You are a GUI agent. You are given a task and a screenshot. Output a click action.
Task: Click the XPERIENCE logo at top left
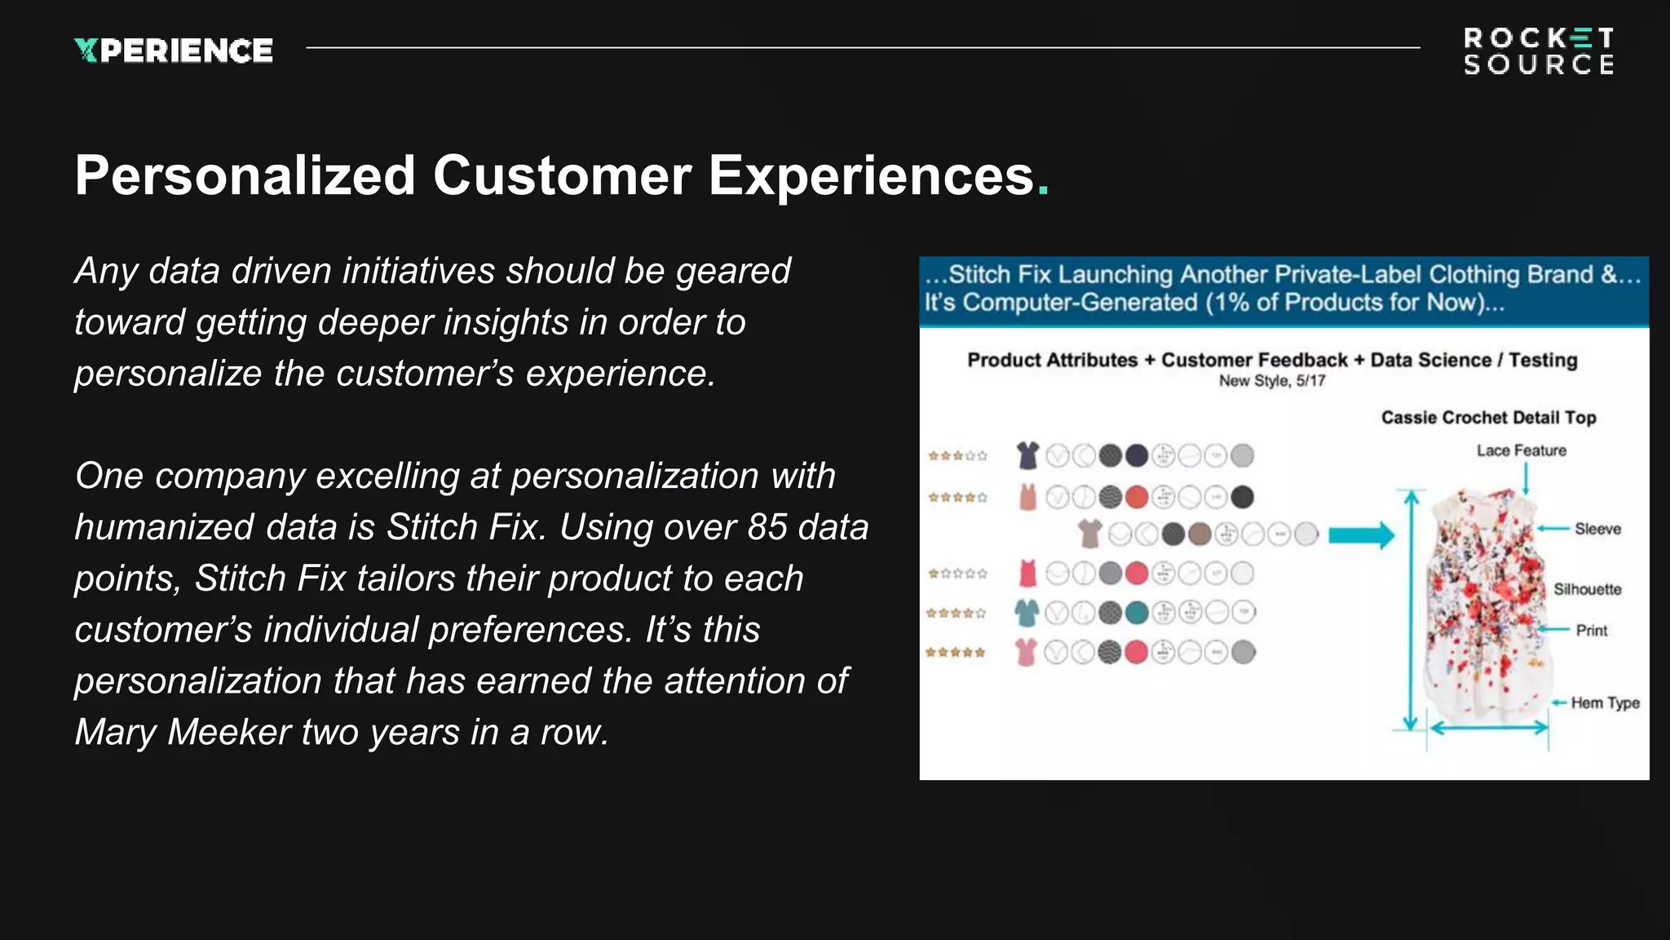pos(174,51)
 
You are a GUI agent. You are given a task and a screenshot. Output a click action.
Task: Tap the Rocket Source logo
pos(1539,51)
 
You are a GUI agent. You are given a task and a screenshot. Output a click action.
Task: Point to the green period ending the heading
pos(1043,193)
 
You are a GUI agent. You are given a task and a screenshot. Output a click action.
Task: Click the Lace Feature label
pos(1521,450)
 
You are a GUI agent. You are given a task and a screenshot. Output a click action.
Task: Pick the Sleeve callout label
pos(1597,529)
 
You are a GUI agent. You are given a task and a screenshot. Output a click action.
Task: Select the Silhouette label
pos(1587,589)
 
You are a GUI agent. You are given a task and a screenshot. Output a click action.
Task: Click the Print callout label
pos(1591,631)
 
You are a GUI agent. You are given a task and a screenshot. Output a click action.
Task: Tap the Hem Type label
pos(1605,703)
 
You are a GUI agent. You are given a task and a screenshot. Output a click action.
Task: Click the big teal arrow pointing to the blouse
pos(1361,535)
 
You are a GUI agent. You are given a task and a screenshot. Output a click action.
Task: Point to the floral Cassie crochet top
pos(1484,604)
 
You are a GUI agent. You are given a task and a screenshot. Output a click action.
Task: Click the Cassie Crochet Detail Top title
pos(1488,418)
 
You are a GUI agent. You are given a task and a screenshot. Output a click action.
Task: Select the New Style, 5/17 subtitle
pos(1271,381)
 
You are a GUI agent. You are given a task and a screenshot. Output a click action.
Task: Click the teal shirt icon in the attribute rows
pos(1027,612)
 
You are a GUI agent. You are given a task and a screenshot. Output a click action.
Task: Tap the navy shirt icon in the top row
pos(1027,455)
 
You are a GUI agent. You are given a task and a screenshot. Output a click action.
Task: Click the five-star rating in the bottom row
pos(956,652)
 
